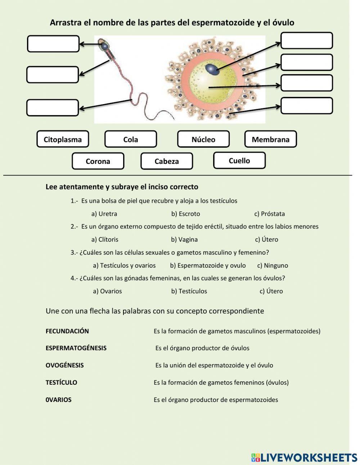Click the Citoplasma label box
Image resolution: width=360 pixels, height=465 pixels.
click(x=63, y=139)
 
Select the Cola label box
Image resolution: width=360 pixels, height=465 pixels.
click(x=131, y=139)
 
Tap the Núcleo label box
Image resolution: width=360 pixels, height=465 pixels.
click(x=203, y=139)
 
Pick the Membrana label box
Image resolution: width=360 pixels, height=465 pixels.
click(x=270, y=139)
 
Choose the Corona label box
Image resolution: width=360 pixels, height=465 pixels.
click(x=98, y=161)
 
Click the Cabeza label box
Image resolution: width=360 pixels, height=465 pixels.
click(x=167, y=161)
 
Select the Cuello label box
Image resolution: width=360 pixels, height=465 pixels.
click(x=239, y=161)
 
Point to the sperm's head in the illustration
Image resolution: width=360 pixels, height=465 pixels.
click(x=104, y=45)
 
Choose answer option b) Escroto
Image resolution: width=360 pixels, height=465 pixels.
click(x=185, y=214)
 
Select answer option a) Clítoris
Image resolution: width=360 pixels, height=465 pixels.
click(x=105, y=240)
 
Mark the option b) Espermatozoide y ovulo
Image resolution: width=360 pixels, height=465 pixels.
click(x=208, y=265)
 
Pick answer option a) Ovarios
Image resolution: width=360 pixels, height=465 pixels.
click(x=107, y=291)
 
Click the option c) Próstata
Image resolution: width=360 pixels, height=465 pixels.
click(x=270, y=214)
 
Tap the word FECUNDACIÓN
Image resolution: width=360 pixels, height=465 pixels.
click(x=67, y=331)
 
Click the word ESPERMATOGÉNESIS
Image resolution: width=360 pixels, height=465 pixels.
click(x=76, y=348)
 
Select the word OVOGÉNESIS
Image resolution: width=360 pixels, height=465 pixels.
click(x=65, y=365)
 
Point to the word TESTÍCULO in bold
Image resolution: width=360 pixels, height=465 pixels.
click(x=61, y=383)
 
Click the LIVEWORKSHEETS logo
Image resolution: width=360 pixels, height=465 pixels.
click(x=304, y=457)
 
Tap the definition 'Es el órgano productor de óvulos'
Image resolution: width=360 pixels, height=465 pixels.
click(x=202, y=348)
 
